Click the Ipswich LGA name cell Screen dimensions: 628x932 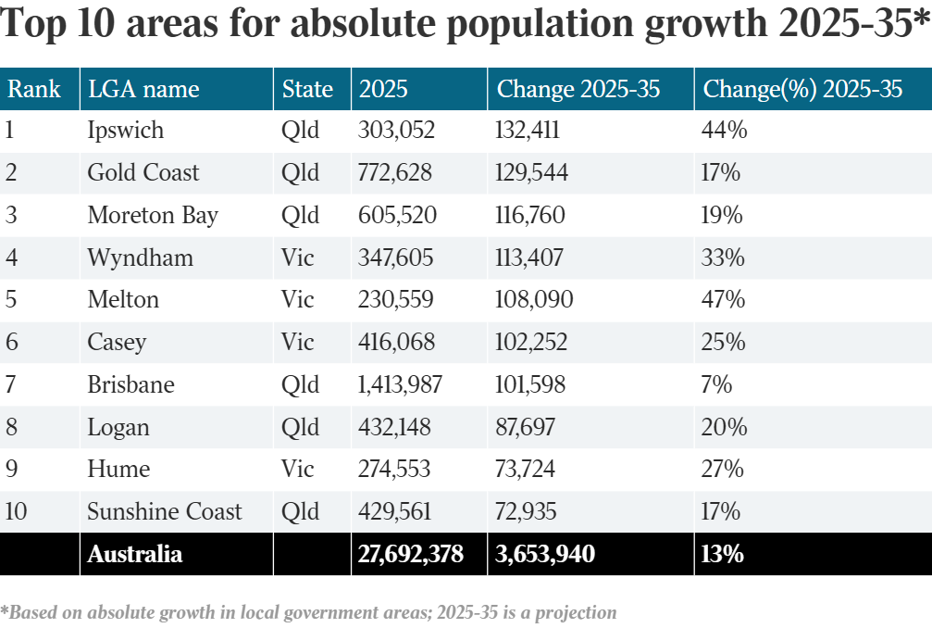pyautogui.click(x=125, y=131)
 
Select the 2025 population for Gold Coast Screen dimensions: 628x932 pyautogui.click(x=396, y=173)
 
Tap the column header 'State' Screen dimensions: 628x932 pyautogui.click(x=307, y=89)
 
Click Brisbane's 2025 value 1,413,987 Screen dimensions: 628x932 pyautogui.click(x=400, y=385)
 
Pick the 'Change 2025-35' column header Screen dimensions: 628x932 pyautogui.click(x=578, y=89)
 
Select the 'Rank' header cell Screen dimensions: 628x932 pyautogui.click(x=34, y=89)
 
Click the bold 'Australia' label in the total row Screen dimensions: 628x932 pyautogui.click(x=134, y=555)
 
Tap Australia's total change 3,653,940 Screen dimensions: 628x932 pyautogui.click(x=545, y=555)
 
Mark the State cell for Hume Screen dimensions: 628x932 pyautogui.click(x=297, y=470)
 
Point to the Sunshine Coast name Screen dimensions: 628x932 pyautogui.click(x=164, y=512)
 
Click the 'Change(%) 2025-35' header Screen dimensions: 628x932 pyautogui.click(x=802, y=89)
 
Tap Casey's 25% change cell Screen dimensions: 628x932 pyautogui.click(x=724, y=343)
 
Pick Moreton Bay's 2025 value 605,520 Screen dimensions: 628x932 pyautogui.click(x=397, y=216)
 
